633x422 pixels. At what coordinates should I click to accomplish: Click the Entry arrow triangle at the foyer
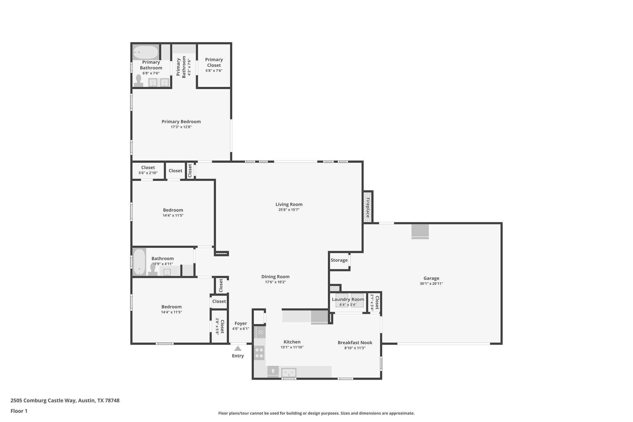tap(238, 348)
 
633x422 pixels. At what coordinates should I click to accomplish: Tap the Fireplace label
tap(368, 207)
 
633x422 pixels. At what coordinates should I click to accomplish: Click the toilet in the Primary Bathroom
tap(138, 81)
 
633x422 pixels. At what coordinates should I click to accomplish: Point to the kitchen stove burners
tap(259, 353)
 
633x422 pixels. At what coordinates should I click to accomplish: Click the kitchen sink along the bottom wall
tap(289, 372)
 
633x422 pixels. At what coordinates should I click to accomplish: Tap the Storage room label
tap(339, 260)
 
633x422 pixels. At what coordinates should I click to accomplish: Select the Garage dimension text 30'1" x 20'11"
tap(431, 283)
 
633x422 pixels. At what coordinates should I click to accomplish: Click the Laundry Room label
tap(348, 299)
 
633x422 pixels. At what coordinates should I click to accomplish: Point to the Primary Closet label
tap(214, 62)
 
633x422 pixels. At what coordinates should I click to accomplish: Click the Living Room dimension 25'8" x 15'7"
tap(289, 210)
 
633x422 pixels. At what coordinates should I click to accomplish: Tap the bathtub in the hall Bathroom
tap(139, 262)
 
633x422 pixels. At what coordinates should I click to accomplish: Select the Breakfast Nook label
tap(355, 343)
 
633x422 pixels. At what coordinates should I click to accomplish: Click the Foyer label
tap(240, 323)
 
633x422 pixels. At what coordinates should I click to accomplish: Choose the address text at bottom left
tap(65, 401)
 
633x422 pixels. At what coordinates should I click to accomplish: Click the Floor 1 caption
tap(19, 411)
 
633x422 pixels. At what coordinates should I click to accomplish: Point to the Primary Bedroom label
tap(181, 121)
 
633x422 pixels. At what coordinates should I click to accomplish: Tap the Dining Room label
tap(275, 277)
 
